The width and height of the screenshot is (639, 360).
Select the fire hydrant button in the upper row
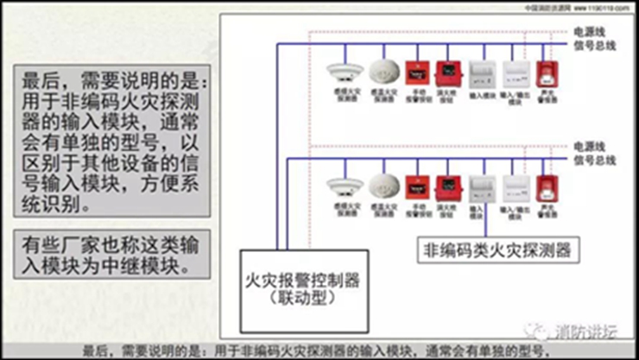(447, 72)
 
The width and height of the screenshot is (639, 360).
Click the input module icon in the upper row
(480, 73)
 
